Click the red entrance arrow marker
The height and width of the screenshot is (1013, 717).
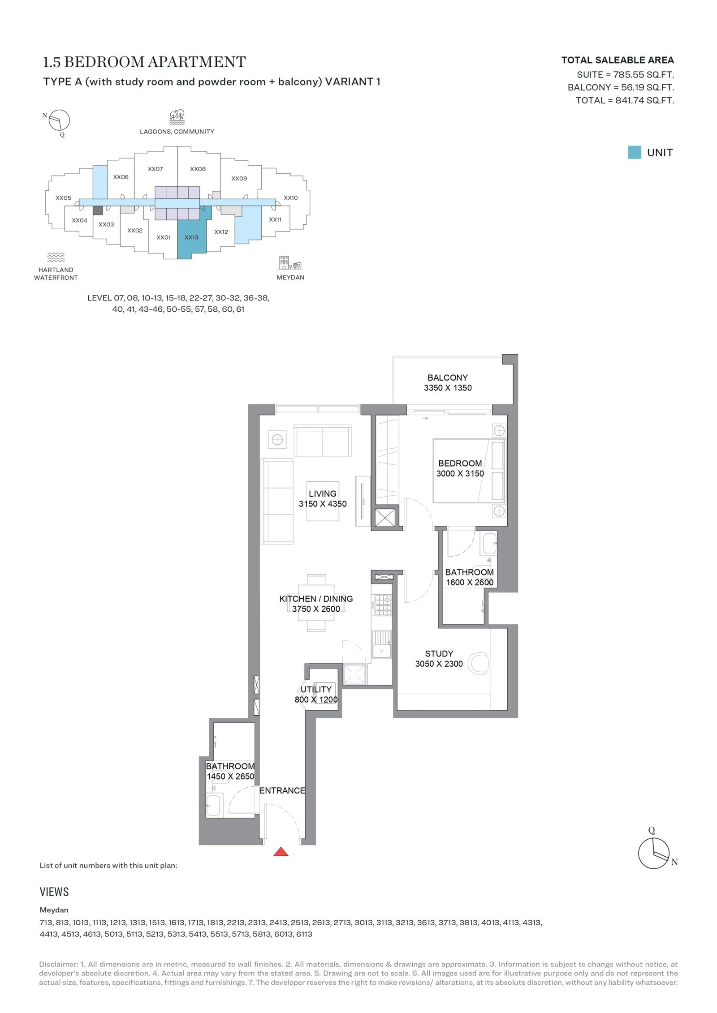point(281,851)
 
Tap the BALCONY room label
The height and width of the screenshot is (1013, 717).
point(447,378)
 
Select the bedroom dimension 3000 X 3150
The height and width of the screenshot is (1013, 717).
point(460,473)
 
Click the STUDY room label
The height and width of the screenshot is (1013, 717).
point(439,653)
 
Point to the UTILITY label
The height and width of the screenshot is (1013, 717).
point(316,689)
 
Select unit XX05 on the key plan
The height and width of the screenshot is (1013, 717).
point(64,197)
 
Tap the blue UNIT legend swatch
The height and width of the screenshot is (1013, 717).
point(634,152)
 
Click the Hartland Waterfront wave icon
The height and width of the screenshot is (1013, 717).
point(56,257)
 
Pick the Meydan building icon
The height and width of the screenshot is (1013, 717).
point(290,262)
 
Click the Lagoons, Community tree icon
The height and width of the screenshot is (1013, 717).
point(177,116)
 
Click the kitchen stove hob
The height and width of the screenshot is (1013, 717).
point(383,605)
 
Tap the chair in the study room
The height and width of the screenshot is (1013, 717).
point(478,663)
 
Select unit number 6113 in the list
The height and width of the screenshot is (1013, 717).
point(304,934)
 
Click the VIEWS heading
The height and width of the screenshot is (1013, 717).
point(54,892)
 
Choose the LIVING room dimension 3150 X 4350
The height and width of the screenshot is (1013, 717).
point(323,504)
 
